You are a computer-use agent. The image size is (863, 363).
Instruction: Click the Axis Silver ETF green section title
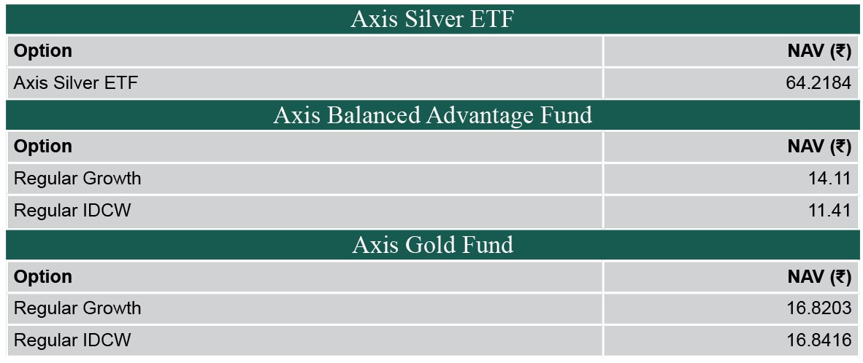[432, 19]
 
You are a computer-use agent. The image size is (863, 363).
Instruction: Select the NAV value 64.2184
[819, 83]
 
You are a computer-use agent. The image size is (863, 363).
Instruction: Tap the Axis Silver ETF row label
[76, 83]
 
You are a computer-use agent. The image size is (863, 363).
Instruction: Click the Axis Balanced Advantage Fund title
[433, 114]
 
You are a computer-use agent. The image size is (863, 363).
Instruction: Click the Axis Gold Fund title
[433, 244]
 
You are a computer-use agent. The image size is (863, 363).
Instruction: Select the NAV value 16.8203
[819, 308]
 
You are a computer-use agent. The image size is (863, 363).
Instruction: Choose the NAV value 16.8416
[819, 340]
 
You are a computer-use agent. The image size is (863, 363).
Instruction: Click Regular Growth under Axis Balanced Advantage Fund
[77, 179]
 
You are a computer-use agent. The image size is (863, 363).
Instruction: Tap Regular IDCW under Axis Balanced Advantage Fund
[72, 211]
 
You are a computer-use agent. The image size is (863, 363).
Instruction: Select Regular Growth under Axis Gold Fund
[77, 308]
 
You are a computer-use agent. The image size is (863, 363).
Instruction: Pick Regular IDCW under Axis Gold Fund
[72, 340]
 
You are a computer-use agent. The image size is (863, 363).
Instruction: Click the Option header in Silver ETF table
[43, 51]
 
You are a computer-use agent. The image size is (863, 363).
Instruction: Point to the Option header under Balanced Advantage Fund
[43, 147]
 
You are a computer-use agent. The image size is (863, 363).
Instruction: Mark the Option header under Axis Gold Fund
[43, 276]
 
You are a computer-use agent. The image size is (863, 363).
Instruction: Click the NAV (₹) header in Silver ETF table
[819, 51]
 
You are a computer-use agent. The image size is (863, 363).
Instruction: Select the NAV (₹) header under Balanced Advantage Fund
[819, 147]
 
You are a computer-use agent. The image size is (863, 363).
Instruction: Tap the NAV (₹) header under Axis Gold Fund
[819, 276]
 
